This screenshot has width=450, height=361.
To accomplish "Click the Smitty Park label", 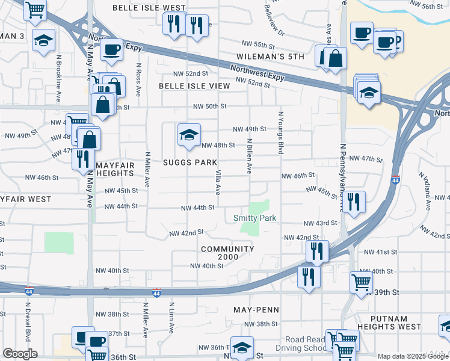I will pos(254,218).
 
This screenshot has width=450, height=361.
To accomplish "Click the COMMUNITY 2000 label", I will pos(228,253).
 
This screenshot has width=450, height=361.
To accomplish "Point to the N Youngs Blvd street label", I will pos(280,132).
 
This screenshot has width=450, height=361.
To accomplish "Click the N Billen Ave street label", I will pos(249,156).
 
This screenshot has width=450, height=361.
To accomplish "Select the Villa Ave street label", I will pos(218,182).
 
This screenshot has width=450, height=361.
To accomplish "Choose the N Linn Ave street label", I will pos(171,317).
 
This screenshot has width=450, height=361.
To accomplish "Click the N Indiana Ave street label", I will pos(428,193).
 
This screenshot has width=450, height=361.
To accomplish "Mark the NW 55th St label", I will pos(257,45).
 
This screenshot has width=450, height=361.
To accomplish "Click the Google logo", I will pos(20,354).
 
